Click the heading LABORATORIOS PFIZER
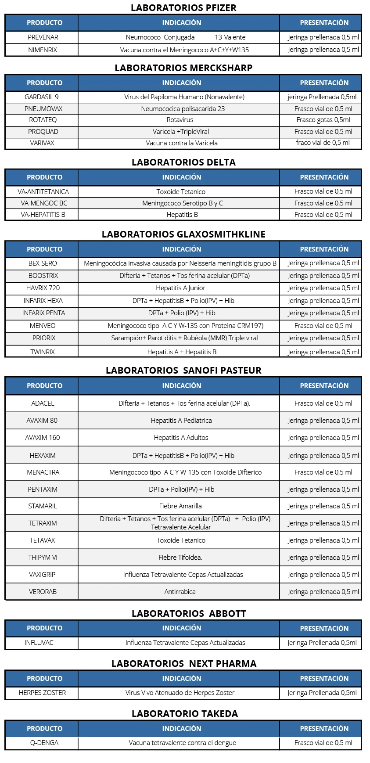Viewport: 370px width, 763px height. point(183,7)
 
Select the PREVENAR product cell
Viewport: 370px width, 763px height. point(43,37)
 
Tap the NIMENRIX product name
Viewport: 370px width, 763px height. point(43,50)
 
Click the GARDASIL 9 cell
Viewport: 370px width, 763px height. point(42,97)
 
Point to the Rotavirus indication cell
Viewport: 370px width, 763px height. point(180,120)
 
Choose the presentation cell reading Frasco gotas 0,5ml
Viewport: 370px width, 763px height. point(323,120)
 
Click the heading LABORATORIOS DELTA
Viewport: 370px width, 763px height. point(183,162)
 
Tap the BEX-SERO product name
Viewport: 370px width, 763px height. point(43,263)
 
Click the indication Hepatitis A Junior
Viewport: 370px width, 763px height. point(180,288)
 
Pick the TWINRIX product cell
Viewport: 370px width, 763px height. point(43,352)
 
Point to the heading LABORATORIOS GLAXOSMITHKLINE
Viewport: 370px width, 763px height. point(183,234)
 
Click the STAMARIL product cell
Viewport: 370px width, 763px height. point(43,506)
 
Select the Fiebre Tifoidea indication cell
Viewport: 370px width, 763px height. point(180,558)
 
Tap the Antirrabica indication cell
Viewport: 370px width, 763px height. point(180,592)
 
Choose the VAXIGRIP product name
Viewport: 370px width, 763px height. point(42,575)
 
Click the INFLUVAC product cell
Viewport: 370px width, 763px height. point(39,643)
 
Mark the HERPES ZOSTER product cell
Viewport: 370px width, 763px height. point(42,693)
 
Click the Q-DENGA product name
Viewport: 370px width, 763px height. point(44,743)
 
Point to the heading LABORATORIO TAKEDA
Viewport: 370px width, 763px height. point(185,714)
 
